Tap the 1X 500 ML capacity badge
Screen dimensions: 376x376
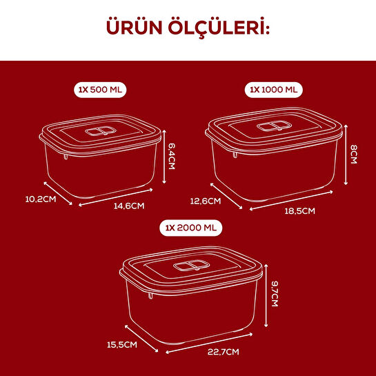(103, 90)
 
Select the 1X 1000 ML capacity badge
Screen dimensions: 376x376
(275, 90)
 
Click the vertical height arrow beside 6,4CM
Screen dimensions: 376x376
(165, 157)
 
